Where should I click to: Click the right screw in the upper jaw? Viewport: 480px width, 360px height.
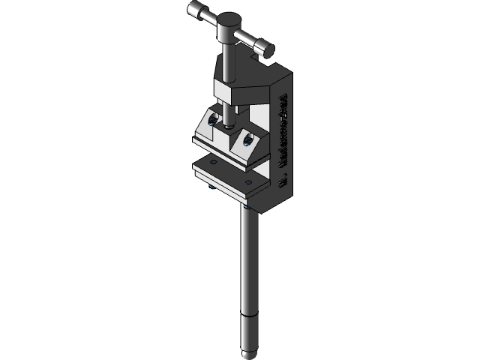[x=245, y=139]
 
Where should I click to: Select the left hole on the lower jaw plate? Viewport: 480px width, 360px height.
[x=213, y=161]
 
